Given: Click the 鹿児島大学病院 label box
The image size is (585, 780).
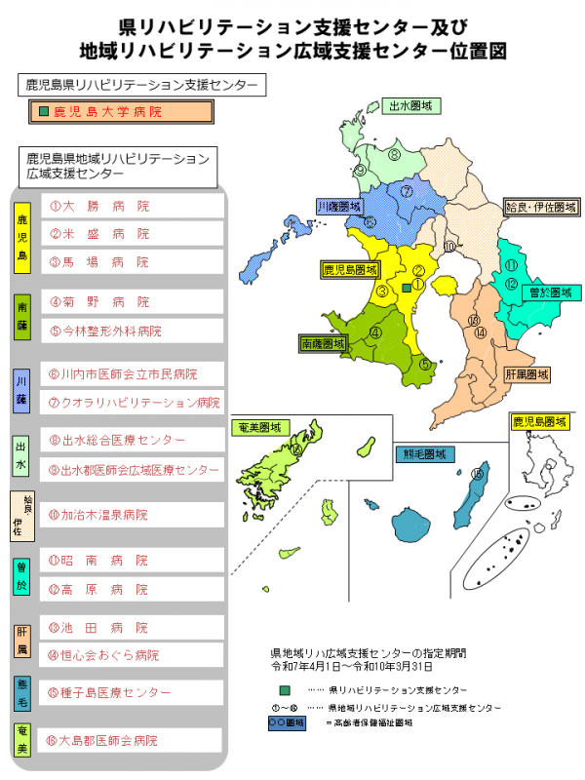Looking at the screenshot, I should click(122, 112).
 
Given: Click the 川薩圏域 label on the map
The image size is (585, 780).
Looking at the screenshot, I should click(338, 207).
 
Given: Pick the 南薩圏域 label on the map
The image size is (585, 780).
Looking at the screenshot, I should click(323, 343).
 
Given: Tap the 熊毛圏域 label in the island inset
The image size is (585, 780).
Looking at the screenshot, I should click(428, 453).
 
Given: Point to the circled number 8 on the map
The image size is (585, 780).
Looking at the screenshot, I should click(394, 154).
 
